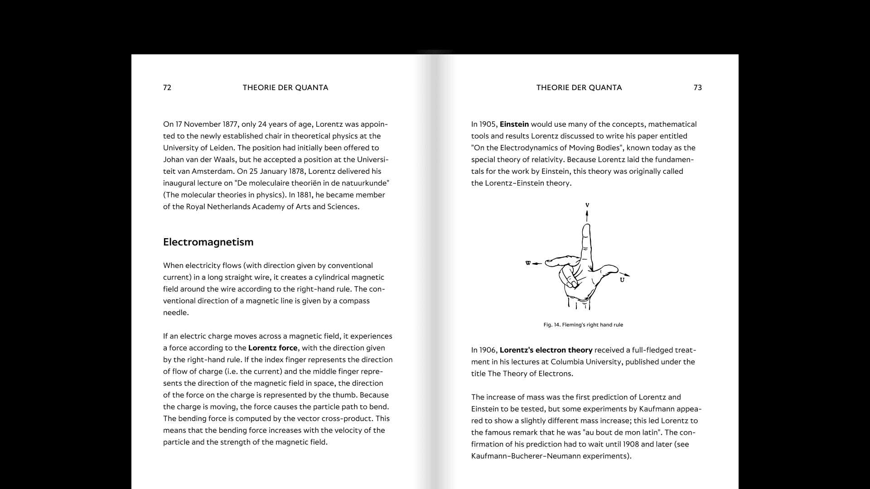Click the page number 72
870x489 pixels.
pos(167,88)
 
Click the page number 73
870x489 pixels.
pos(697,88)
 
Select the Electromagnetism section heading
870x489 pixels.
pos(208,242)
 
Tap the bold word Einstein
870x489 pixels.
pos(514,125)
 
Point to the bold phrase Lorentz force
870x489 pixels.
pos(273,348)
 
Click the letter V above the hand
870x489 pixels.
pos(587,206)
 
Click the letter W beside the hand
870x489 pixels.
pos(528,263)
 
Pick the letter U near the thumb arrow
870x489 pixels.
pos(622,280)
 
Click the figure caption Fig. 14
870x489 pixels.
pos(583,325)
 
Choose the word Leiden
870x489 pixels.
pos(222,148)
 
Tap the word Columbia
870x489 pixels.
pos(591,362)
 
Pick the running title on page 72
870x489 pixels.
pos(285,88)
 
